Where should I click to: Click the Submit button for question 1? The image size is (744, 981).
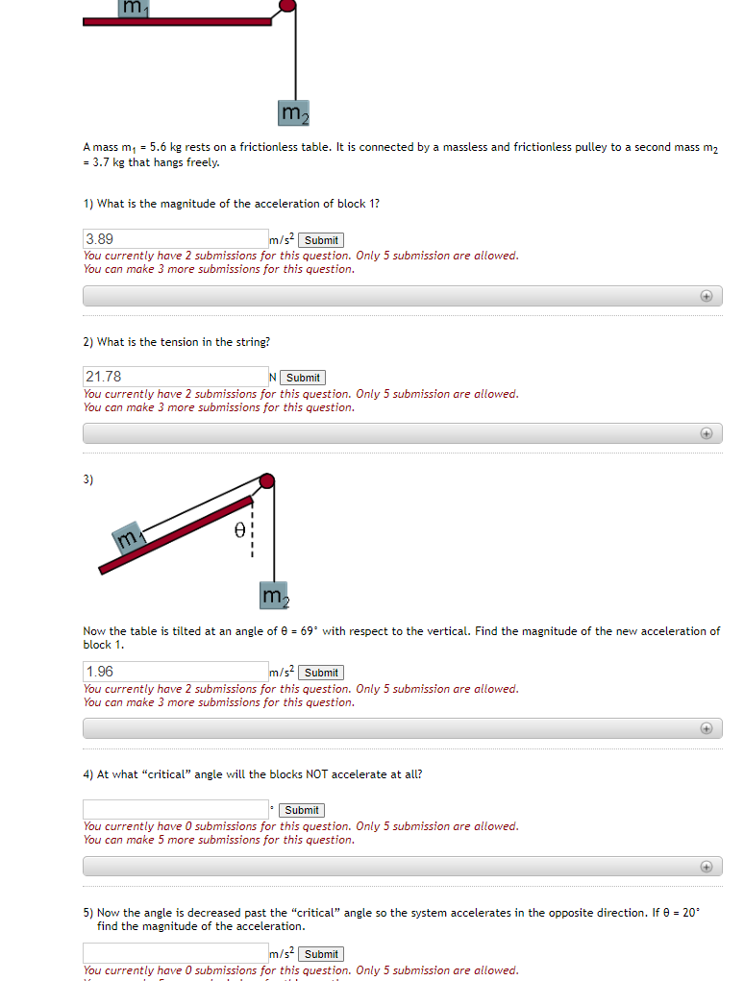pyautogui.click(x=321, y=240)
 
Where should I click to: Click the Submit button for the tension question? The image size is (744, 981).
pyautogui.click(x=304, y=378)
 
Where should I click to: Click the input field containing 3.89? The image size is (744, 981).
pyautogui.click(x=175, y=239)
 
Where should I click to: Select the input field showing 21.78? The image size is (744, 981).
pyautogui.click(x=175, y=377)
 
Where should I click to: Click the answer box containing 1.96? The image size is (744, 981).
pyautogui.click(x=175, y=672)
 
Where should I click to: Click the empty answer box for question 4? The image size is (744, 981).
pyautogui.click(x=175, y=809)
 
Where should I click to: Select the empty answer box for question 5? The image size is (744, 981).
pyautogui.click(x=175, y=953)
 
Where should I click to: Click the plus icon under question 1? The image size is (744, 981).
pyautogui.click(x=707, y=296)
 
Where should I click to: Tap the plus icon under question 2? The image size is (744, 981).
pyautogui.click(x=707, y=433)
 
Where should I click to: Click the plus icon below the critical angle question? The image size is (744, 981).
pyautogui.click(x=707, y=867)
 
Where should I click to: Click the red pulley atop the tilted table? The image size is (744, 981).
pyautogui.click(x=267, y=480)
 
